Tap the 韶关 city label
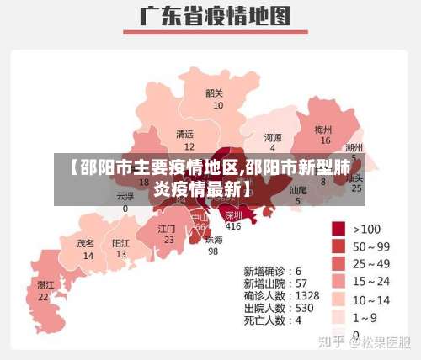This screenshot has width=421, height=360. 215,93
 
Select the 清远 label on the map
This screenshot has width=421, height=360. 184,134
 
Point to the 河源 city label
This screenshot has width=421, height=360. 273,137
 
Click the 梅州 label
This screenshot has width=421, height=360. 323,130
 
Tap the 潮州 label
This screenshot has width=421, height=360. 354,146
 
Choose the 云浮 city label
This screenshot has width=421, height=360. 125,196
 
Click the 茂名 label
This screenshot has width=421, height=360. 86,242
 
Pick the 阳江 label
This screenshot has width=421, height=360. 121,242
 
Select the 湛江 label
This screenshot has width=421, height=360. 45,285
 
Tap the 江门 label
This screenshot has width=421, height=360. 167,228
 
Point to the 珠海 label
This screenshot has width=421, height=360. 214,239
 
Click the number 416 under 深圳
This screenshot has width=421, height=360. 232,226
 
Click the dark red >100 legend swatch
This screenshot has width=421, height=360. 339,228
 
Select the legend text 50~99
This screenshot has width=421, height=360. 372,246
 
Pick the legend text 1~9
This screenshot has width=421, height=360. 367,317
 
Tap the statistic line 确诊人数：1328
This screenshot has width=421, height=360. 281,296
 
